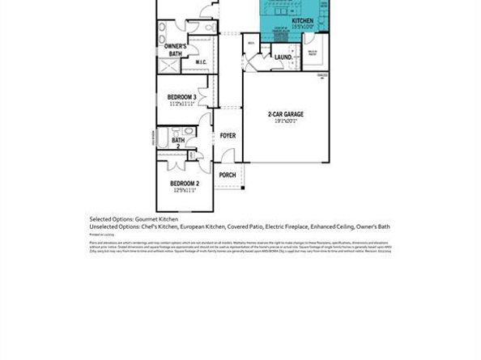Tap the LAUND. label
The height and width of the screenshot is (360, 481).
coord(283,57)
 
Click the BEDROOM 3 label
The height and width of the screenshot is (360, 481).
coord(182,98)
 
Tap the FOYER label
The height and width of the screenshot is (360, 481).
coord(228,136)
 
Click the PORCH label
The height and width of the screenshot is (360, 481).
coord(228,175)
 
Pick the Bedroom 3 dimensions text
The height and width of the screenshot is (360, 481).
coord(182,104)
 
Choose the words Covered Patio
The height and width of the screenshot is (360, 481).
coord(242,227)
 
